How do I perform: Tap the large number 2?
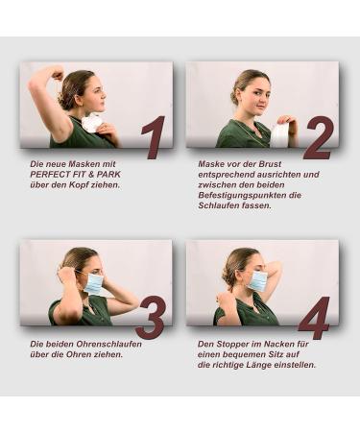point(319,137)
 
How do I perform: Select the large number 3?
point(151,317)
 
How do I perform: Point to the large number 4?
point(314,318)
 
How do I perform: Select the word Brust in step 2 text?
point(271,164)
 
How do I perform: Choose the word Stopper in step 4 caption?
point(232,345)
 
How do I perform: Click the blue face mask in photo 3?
point(94,283)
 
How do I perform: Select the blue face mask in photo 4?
point(259,281)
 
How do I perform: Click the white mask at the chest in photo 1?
point(91,124)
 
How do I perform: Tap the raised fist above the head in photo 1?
point(58,76)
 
